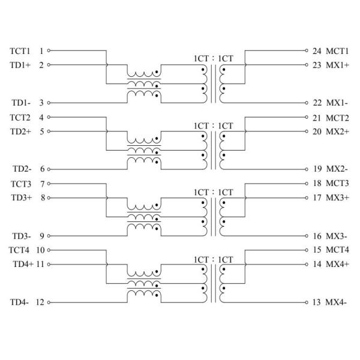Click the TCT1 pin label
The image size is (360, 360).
click(x=20, y=51)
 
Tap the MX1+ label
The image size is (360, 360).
click(x=336, y=65)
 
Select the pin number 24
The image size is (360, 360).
click(x=317, y=51)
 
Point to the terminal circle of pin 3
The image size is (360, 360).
click(x=49, y=103)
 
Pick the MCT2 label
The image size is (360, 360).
click(x=337, y=118)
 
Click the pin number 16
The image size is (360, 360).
click(x=317, y=236)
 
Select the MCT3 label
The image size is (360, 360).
click(x=337, y=183)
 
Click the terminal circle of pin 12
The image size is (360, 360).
click(x=49, y=302)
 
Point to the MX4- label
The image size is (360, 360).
click(x=335, y=302)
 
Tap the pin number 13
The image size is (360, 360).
click(x=317, y=302)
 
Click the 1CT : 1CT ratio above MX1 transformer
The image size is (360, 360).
click(x=213, y=58)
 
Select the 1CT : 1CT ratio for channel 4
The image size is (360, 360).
click(x=213, y=259)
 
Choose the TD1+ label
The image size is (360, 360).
click(x=20, y=65)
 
